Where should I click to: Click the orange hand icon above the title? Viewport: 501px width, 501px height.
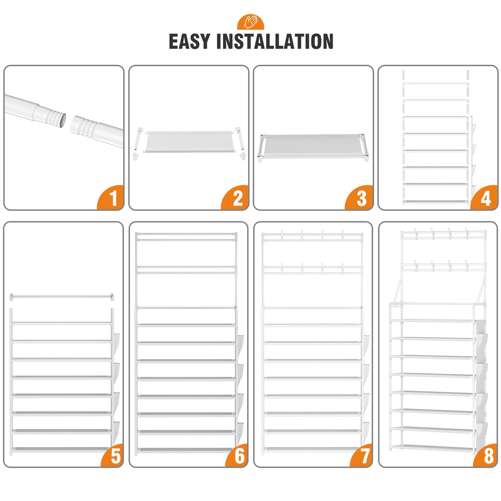tap(250, 22)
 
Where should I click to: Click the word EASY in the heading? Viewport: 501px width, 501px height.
tap(189, 41)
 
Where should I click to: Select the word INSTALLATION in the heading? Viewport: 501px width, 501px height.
tap(275, 41)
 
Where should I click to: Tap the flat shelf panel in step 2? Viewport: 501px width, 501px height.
tap(189, 142)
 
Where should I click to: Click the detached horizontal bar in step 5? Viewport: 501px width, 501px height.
tap(62, 297)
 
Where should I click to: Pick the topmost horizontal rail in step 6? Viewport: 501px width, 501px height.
tap(186, 234)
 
